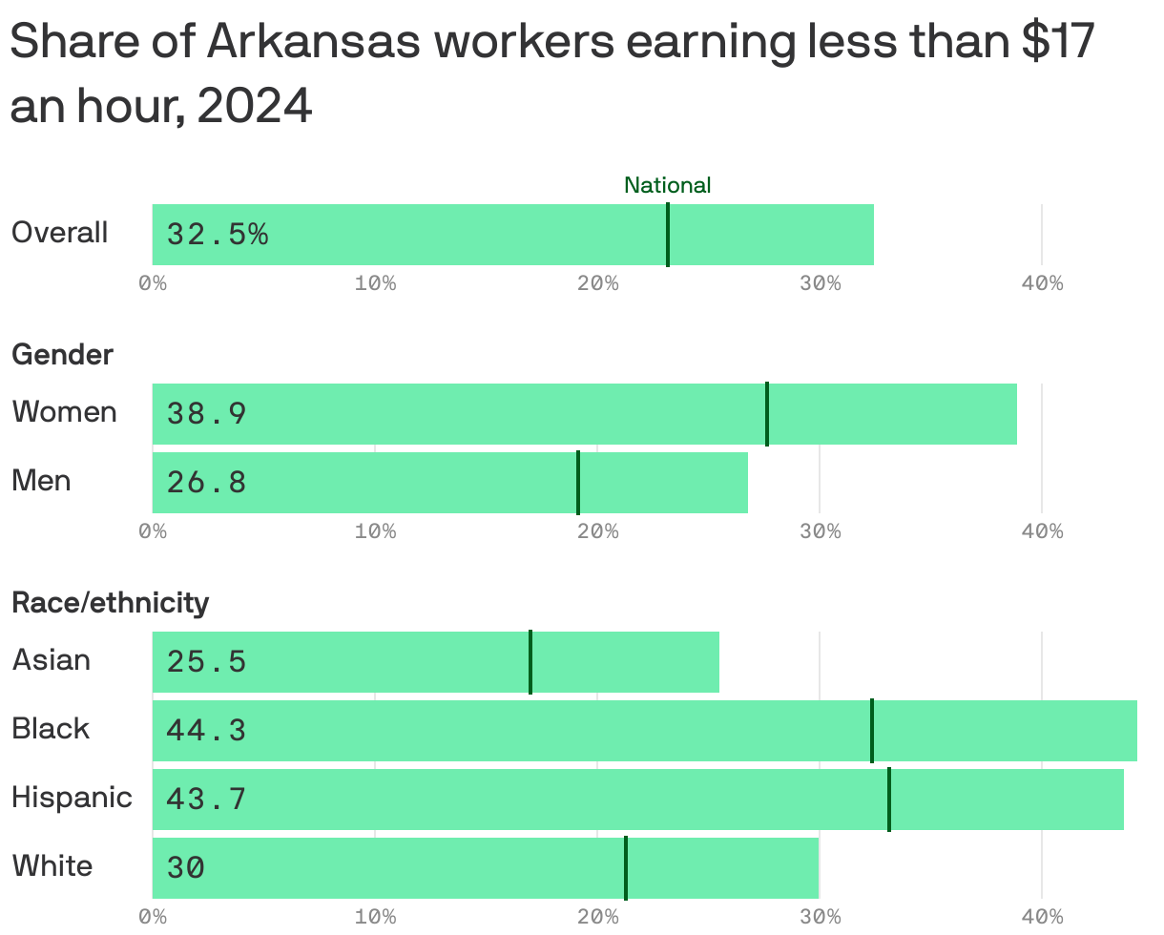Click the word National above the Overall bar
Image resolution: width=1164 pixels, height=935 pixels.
coord(667,185)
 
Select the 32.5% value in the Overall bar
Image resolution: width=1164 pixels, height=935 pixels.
coord(217,234)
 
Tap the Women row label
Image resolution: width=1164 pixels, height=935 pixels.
coord(64,412)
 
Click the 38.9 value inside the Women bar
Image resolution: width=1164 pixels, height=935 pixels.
coord(206,413)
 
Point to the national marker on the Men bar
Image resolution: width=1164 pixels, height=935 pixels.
coord(578,483)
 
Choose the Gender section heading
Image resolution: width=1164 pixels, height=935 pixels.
coord(62,355)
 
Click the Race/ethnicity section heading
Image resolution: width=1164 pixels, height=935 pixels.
coord(110,603)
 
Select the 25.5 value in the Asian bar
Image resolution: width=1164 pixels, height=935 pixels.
coord(206,661)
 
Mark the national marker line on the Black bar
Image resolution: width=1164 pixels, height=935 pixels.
coord(871,731)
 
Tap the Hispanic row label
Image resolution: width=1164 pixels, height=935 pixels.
coord(72,798)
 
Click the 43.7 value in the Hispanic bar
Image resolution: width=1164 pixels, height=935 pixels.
coord(206,799)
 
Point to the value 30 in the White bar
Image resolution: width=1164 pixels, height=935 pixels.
coord(185,867)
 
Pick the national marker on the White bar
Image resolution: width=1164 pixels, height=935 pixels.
coord(626,867)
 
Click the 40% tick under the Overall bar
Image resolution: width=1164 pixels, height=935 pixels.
coord(1041,283)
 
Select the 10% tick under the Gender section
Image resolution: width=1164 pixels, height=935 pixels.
coord(375,531)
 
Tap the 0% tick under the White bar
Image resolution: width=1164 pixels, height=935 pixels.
coord(153,917)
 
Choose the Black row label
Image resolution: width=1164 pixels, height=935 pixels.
coord(51,729)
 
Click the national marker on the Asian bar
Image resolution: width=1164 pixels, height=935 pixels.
coord(530,662)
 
